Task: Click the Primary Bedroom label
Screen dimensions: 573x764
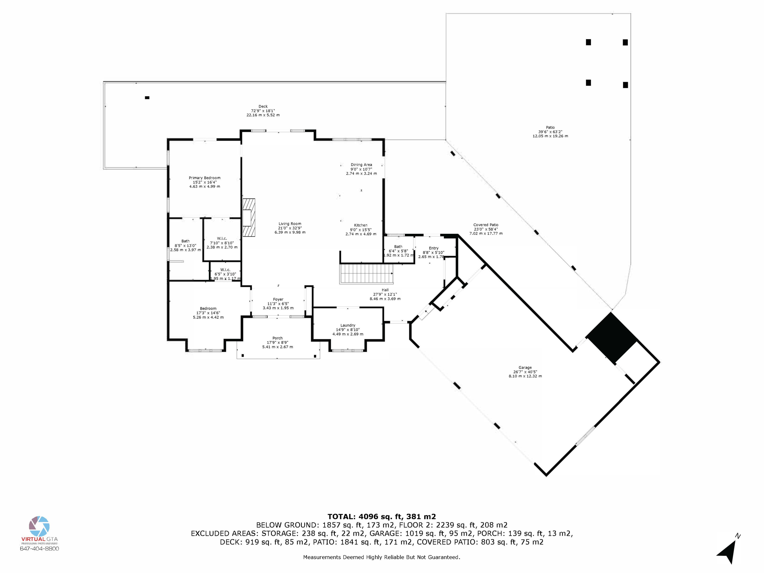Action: pyautogui.click(x=204, y=182)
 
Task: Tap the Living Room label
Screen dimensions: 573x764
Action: pyautogui.click(x=290, y=228)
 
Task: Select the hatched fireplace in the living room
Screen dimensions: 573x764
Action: pyautogui.click(x=249, y=217)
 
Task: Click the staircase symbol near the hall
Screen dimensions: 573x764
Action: pyautogui.click(x=366, y=274)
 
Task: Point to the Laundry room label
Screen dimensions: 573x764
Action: pyautogui.click(x=348, y=329)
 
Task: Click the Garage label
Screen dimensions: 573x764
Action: pyautogui.click(x=525, y=372)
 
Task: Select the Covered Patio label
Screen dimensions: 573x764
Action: pyautogui.click(x=486, y=229)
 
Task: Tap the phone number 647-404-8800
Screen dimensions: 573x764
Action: pyautogui.click(x=39, y=548)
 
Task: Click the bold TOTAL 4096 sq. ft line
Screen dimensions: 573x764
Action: pyautogui.click(x=382, y=516)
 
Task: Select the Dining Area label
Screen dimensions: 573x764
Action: pyautogui.click(x=361, y=169)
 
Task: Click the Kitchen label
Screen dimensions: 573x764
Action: pyautogui.click(x=361, y=229)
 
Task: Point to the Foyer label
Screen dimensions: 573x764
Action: pyautogui.click(x=278, y=303)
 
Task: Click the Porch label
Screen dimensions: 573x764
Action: pyautogui.click(x=277, y=342)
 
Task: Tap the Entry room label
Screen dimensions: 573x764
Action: pyautogui.click(x=433, y=252)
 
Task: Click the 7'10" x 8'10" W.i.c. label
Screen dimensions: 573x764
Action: pyautogui.click(x=222, y=242)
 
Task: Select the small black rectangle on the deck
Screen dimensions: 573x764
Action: pyautogui.click(x=147, y=98)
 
